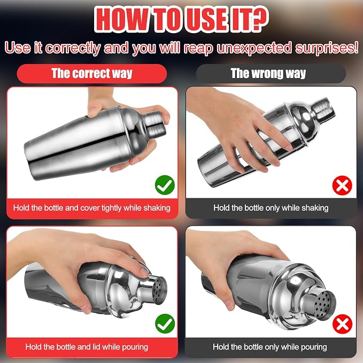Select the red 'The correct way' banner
(92, 74)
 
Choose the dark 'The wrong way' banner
(271, 74)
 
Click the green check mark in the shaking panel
(165, 185)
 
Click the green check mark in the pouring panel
(165, 323)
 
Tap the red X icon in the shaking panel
(342, 185)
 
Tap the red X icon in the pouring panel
(342, 324)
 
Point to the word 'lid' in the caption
(96, 347)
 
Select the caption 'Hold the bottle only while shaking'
(271, 207)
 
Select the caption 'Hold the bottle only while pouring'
(270, 347)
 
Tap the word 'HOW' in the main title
(121, 20)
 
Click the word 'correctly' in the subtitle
(73, 49)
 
